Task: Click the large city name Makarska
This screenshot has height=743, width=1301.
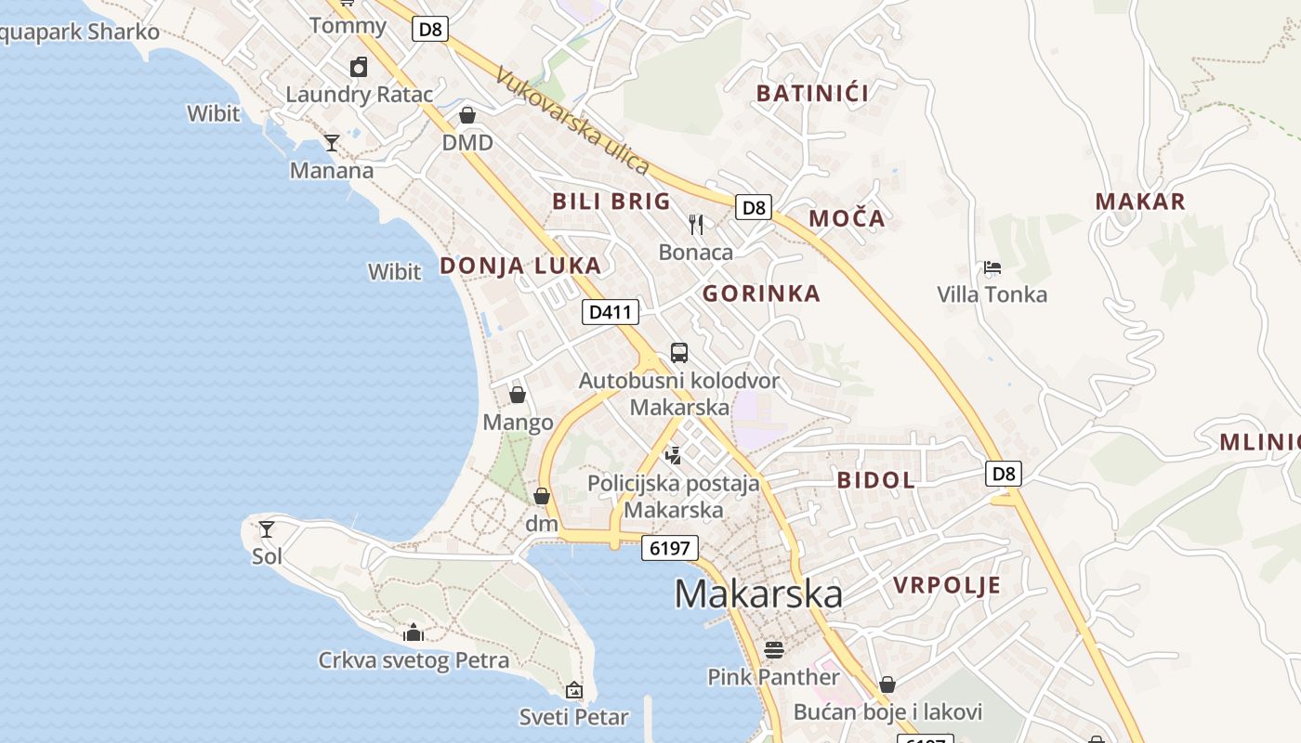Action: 758,593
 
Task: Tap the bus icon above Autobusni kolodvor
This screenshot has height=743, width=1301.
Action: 679,353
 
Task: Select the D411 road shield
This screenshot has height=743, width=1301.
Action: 611,312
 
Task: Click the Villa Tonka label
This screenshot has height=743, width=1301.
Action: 992,295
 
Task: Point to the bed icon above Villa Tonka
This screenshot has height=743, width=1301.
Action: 992,268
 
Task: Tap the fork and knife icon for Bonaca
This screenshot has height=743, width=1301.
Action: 696,225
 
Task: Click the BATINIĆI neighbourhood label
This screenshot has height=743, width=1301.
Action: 812,93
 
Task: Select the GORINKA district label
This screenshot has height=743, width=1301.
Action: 761,294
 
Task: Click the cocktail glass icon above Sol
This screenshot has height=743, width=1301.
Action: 267,529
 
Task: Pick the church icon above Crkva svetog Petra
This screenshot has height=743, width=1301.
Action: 414,633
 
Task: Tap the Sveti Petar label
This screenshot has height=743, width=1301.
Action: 573,717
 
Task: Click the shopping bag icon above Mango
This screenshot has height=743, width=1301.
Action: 518,396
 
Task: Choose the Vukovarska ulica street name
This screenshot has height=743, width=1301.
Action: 572,121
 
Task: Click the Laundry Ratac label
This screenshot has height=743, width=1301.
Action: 359,95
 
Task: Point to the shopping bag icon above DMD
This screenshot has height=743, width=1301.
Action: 467,115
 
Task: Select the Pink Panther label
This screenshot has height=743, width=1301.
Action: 773,677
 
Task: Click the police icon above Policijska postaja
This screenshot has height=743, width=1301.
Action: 673,455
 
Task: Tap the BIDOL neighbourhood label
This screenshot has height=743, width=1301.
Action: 875,480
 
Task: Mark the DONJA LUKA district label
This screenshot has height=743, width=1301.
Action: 520,266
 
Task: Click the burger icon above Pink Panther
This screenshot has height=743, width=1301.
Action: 773,648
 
